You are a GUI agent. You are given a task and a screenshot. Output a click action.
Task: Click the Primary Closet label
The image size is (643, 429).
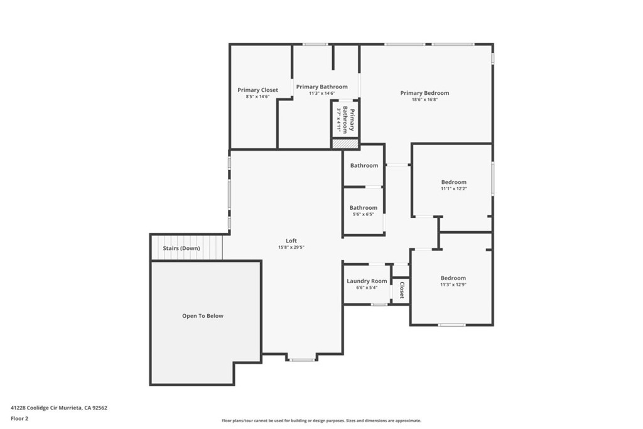coord(257,90)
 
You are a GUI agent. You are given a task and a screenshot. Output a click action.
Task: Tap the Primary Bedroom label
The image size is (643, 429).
coord(424,93)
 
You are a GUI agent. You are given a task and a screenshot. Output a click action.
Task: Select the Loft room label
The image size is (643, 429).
coord(291,241)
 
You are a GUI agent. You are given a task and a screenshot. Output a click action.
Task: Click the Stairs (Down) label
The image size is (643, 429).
coord(181,248)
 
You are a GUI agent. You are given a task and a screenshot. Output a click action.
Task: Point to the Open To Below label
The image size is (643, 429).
coord(203,316)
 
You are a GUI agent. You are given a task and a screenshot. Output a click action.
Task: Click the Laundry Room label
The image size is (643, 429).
coord(367,281)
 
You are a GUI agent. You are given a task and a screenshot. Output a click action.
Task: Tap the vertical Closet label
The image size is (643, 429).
coord(402,290)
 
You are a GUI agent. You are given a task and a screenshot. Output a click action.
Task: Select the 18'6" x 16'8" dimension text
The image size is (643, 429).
coord(425,99)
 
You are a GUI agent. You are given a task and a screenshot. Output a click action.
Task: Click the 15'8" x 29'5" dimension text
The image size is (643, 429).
coord(291,247)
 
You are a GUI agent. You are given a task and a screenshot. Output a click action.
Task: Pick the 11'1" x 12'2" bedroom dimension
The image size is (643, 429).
coord(454,188)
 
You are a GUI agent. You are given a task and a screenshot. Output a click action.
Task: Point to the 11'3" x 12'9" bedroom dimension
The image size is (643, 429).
coord(453,285)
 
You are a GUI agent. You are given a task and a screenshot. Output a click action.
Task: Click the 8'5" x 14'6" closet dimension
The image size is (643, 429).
coord(257,96)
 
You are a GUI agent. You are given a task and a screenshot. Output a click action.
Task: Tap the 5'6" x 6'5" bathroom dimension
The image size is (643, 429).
coord(364,214)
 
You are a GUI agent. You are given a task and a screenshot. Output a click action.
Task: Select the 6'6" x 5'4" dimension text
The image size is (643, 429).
coord(367,288)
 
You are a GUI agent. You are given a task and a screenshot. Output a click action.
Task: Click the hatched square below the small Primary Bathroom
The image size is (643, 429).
coord(345,144)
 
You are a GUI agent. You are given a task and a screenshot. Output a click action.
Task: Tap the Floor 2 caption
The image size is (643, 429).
coord(19,419)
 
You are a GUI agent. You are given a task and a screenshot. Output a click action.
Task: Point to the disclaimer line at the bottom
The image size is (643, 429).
coord(321,420)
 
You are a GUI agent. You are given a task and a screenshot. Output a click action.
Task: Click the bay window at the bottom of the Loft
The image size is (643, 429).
coord(301,360)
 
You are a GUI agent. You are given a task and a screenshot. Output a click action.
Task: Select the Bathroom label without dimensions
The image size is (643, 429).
coord(364,165)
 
